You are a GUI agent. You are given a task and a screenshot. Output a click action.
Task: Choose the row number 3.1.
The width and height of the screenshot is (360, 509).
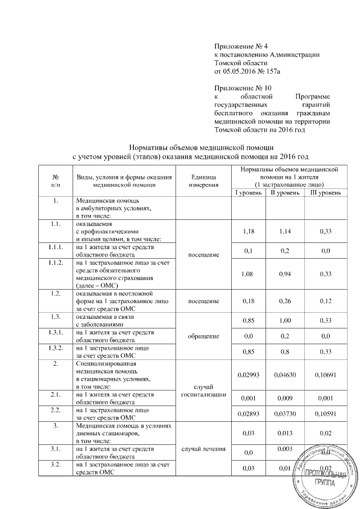[55, 449]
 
